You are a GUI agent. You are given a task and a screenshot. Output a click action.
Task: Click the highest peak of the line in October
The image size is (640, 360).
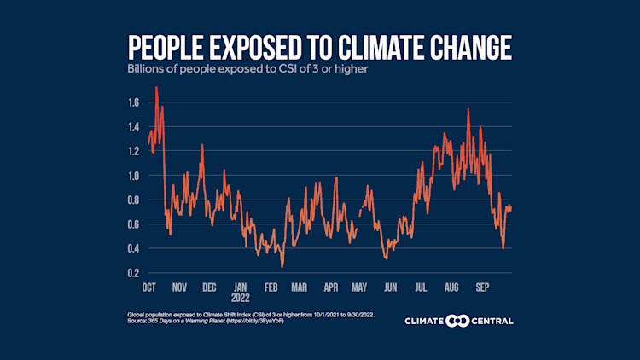click(x=156, y=87)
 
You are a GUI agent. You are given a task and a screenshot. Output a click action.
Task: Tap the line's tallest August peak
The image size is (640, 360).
click(x=468, y=109)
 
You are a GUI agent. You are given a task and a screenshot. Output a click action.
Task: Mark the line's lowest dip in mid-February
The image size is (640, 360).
click(x=282, y=266)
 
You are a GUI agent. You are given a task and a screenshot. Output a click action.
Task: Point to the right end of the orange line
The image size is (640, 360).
click(x=511, y=206)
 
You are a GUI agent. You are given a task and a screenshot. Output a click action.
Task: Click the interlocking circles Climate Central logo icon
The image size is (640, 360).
click(x=459, y=321)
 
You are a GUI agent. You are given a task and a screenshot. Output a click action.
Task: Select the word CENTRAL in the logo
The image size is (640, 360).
click(x=492, y=321)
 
